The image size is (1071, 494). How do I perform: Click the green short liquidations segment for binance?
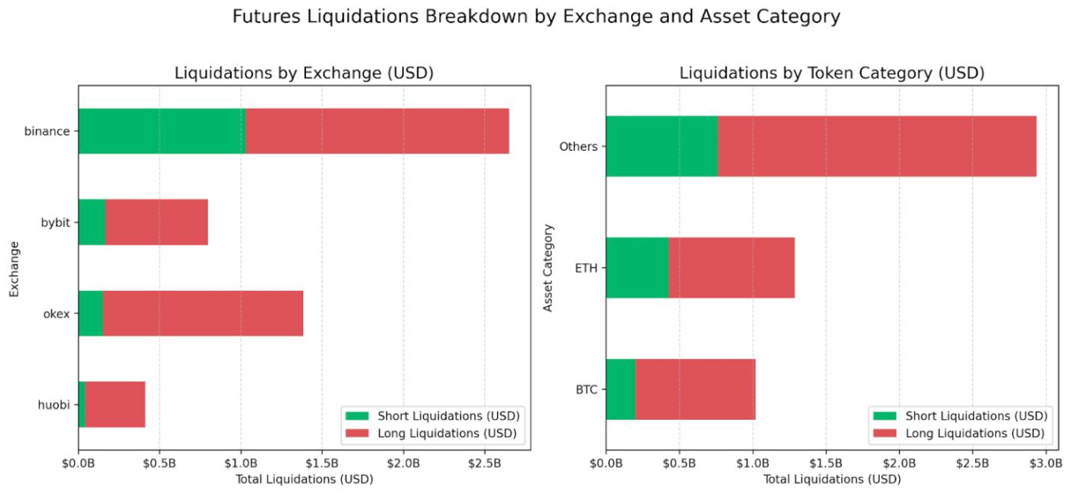pos(161,131)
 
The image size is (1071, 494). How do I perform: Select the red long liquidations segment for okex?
pos(203,313)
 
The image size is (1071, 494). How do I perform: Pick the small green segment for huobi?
pos(82,404)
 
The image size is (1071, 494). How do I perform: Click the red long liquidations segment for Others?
pos(877,146)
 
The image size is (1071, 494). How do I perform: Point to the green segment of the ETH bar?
pos(636,268)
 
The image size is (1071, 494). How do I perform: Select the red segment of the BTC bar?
pos(695,389)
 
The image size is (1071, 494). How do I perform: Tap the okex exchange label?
pos(57,313)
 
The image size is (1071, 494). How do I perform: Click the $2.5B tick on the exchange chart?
pos(484,464)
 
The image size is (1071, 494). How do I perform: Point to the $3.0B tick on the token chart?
pos(1046,464)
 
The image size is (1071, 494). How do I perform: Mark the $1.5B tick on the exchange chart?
pos(322,464)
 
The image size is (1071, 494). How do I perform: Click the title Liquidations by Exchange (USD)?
pos(304,74)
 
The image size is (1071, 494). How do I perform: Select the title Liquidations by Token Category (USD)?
pos(832,74)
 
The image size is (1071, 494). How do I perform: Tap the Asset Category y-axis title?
pos(548,268)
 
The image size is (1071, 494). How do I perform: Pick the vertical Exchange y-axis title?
pos(13,268)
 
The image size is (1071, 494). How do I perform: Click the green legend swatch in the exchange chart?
pos(356,416)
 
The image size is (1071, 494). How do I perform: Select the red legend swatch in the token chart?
pos(884,433)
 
